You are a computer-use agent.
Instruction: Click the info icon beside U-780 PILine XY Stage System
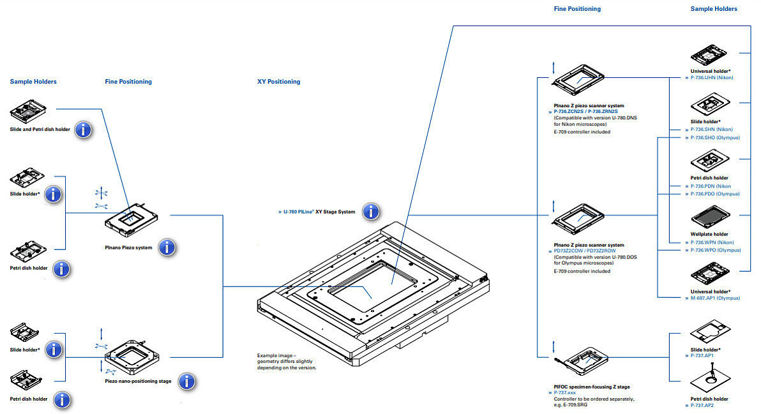[371, 211]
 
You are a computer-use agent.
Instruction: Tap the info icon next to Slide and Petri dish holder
[83, 129]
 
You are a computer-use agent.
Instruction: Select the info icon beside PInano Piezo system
[167, 248]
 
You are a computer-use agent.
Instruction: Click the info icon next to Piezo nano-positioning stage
[186, 381]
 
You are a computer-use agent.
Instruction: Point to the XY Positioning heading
[278, 82]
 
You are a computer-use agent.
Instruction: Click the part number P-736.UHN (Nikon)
[712, 78]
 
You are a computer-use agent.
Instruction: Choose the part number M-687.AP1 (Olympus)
[715, 298]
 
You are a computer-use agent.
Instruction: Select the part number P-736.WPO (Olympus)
[716, 250]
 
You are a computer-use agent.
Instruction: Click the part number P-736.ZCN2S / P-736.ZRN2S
[586, 112]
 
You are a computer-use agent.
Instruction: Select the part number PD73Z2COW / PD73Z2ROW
[585, 251]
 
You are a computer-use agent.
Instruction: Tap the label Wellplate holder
[709, 234]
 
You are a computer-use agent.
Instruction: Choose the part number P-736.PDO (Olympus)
[716, 194]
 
